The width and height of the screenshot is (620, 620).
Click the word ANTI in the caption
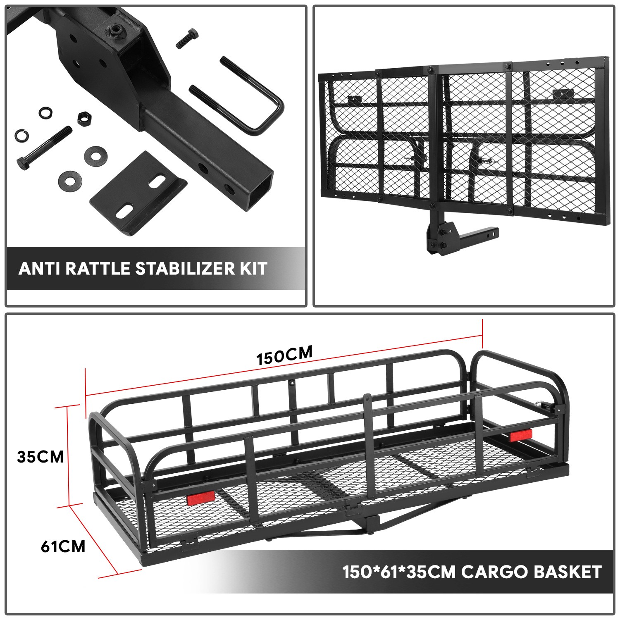[x=40, y=269]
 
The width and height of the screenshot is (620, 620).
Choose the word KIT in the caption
[x=253, y=269]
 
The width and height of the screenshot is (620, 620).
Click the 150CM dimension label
[x=284, y=355]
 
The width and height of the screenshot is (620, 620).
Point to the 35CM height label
[x=41, y=457]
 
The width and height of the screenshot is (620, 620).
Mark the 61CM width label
[x=63, y=546]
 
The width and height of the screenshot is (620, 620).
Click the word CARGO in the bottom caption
[x=494, y=572]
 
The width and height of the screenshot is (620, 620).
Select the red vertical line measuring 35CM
[x=67, y=455]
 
